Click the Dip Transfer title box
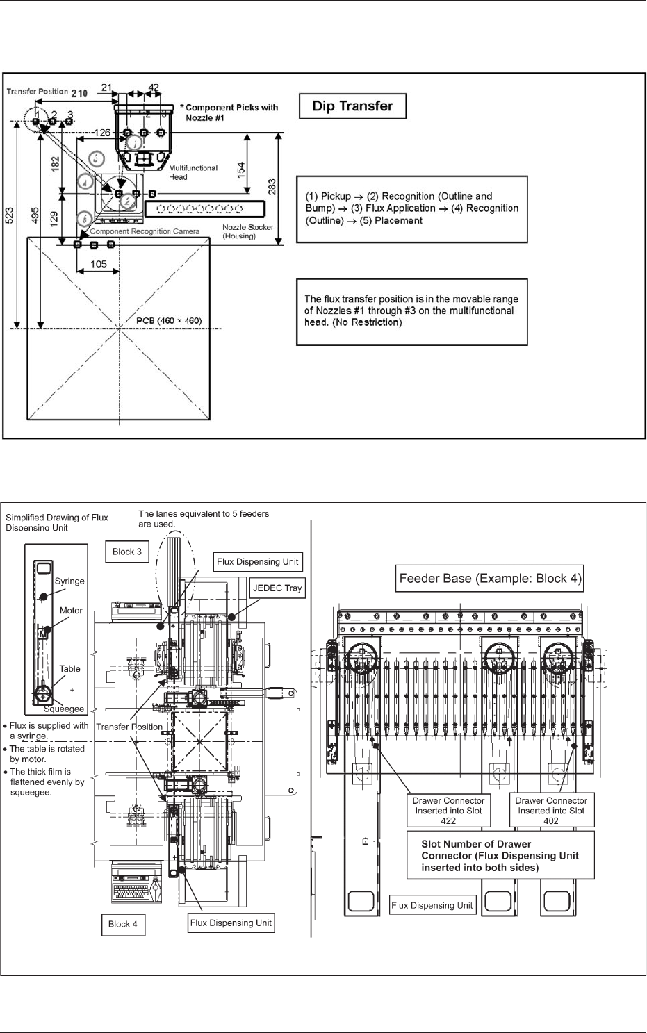tap(352, 106)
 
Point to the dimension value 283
tap(272, 187)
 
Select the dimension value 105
tap(99, 264)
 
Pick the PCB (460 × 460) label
tap(169, 321)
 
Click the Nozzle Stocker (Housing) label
tap(248, 231)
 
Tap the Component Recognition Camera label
tap(145, 231)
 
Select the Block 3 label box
tap(127, 552)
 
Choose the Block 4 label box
tap(123, 924)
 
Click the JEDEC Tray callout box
tap(278, 588)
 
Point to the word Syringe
tap(69, 581)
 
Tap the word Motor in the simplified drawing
tap(71, 611)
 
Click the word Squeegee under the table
tap(64, 709)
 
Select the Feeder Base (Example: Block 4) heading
tap(490, 578)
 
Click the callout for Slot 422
tap(448, 810)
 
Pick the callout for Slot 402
tap(551, 810)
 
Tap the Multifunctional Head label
tap(193, 172)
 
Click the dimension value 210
tap(79, 92)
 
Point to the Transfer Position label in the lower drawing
tap(129, 727)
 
